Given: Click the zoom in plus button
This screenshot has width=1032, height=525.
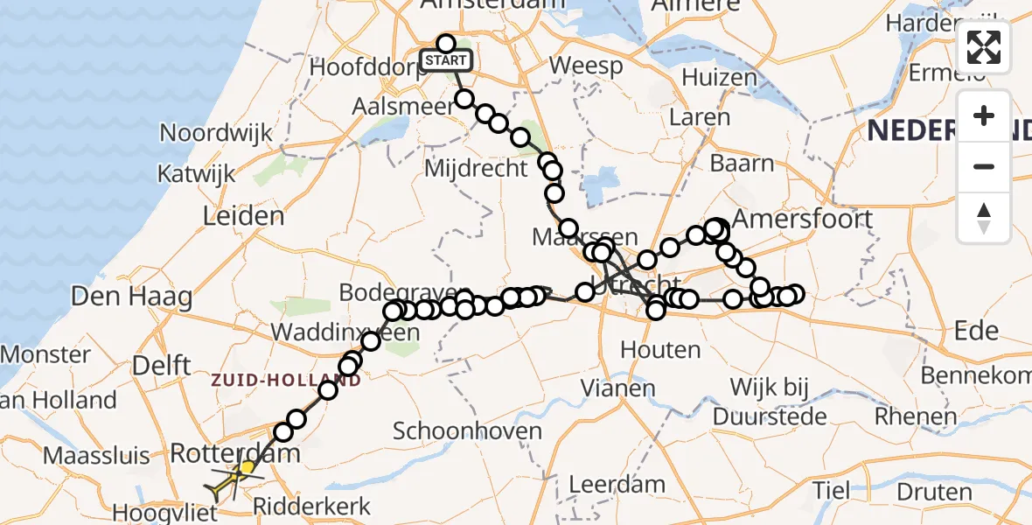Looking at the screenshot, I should pos(984,116).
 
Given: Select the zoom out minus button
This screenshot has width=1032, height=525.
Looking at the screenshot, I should pos(984,166).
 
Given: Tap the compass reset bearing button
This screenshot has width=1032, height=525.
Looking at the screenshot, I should pos(984,216).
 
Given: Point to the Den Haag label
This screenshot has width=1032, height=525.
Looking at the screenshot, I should pos(132,296).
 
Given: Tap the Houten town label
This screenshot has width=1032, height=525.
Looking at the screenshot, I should pos(660,350).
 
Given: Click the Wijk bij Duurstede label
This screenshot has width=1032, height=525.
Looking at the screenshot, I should pos(770,401).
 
